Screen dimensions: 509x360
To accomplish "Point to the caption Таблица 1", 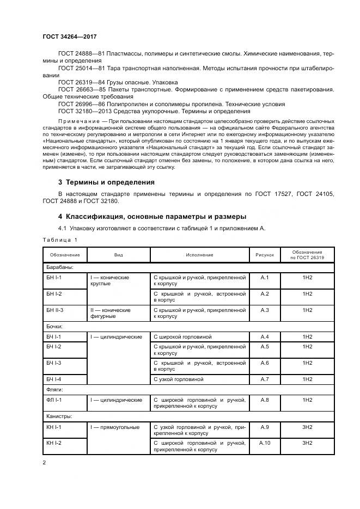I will pyautogui.click(x=60, y=240).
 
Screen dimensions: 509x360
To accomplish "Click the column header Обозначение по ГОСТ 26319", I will pyautogui.click(x=307, y=255).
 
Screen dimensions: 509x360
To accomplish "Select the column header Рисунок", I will pyautogui.click(x=265, y=255).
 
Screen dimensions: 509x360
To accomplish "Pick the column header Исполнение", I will pyautogui.click(x=199, y=255).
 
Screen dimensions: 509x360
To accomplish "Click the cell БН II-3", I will pyautogui.click(x=55, y=310).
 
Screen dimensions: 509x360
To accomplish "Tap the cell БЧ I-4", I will pyautogui.click(x=54, y=378).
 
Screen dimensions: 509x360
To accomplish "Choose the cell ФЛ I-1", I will pyautogui.click(x=54, y=400).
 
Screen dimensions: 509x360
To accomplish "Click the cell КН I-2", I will pyautogui.click(x=54, y=443).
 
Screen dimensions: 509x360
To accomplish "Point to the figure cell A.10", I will pyautogui.click(x=265, y=443).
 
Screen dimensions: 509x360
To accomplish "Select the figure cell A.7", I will pyautogui.click(x=265, y=378).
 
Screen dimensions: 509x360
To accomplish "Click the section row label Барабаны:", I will pyautogui.click(x=60, y=267).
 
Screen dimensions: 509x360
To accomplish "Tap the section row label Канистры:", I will pyautogui.click(x=59, y=416).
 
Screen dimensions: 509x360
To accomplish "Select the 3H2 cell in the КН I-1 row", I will pyautogui.click(x=307, y=427).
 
